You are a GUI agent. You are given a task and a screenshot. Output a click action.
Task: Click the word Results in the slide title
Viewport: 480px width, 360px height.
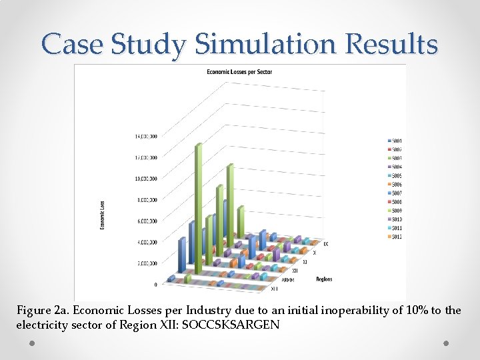click(x=398, y=44)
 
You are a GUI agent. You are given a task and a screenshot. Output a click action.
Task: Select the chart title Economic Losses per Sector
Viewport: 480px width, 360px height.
click(x=239, y=71)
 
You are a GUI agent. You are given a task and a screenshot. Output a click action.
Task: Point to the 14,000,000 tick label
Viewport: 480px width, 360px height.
click(x=146, y=136)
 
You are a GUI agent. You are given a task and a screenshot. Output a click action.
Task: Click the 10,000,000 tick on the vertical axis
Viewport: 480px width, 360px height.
click(x=146, y=179)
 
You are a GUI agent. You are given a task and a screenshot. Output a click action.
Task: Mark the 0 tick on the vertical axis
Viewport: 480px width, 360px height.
click(x=155, y=285)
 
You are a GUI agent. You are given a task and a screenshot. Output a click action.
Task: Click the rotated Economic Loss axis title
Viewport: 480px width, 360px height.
click(x=102, y=215)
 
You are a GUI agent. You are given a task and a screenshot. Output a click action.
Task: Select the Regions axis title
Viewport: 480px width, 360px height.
click(x=324, y=279)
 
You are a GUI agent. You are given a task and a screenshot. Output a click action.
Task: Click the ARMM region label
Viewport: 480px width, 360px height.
click(x=288, y=281)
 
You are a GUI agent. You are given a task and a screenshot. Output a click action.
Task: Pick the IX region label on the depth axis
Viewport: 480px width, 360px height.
click(x=325, y=244)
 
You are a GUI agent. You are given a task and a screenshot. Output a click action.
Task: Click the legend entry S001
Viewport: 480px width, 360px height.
click(x=396, y=141)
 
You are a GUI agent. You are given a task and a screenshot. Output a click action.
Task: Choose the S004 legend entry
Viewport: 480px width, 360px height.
click(x=396, y=167)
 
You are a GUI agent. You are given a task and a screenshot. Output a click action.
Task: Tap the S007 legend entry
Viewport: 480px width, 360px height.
click(x=396, y=193)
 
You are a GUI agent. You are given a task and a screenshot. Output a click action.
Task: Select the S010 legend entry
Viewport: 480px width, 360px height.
click(x=396, y=219)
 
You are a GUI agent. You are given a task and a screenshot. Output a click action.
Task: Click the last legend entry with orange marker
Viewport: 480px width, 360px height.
click(x=396, y=237)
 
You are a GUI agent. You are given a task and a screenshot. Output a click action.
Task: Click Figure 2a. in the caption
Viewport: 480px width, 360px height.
click(x=43, y=311)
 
